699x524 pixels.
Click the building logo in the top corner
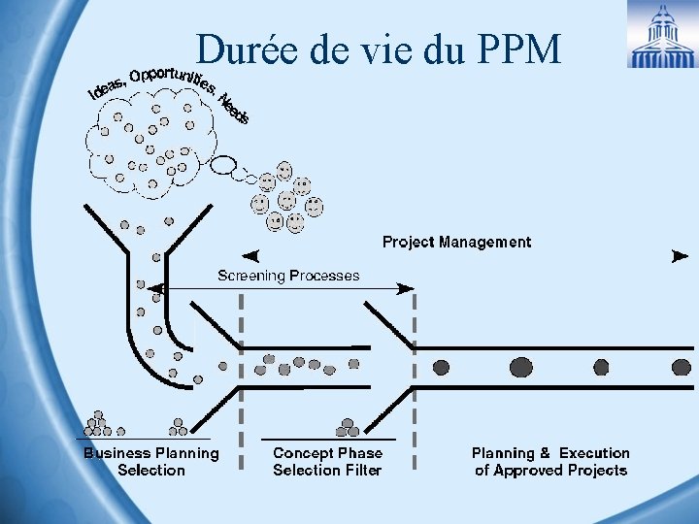(x=661, y=35)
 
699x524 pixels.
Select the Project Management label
(x=456, y=242)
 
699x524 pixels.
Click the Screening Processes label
(x=288, y=276)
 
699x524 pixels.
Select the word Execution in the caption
(x=594, y=453)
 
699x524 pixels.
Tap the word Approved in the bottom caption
(x=533, y=471)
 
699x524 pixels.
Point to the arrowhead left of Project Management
(x=250, y=257)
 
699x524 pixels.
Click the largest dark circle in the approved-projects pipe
(x=521, y=367)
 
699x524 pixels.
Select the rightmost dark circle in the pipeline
(x=681, y=367)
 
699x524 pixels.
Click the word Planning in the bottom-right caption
(x=503, y=453)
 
